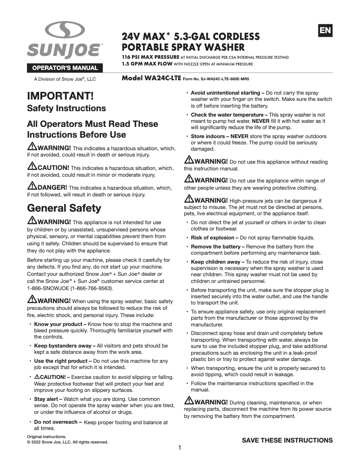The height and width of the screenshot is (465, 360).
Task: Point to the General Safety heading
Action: pyautogui.click(x=64, y=208)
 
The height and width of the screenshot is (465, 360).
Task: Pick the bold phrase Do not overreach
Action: pyautogui.click(x=57, y=422)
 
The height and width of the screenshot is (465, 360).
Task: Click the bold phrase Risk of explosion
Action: pyautogui.click(x=215, y=238)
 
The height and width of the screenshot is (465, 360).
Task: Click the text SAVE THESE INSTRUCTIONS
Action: pyautogui.click(x=287, y=440)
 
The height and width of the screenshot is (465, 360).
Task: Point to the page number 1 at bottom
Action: pyautogui.click(x=180, y=448)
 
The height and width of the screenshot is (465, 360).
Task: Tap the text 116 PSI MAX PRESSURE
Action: pyautogui.click(x=150, y=57)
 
